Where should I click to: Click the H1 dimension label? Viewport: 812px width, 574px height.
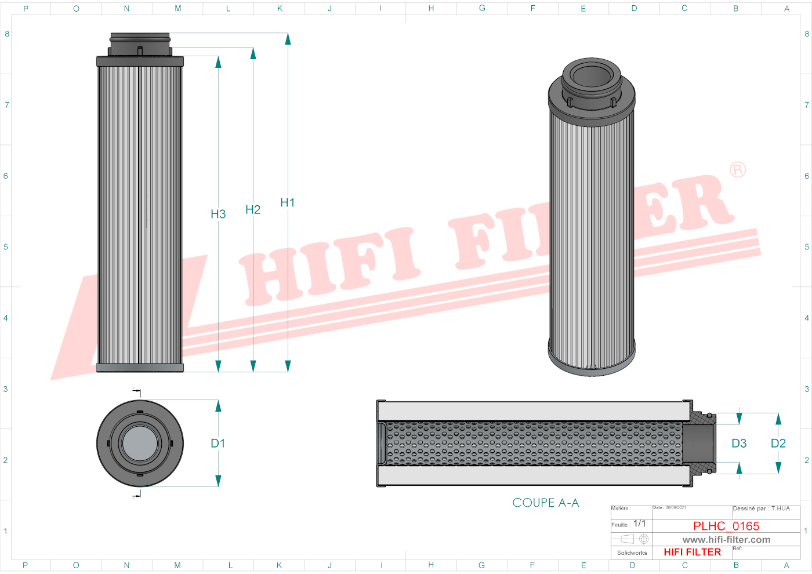pyautogui.click(x=287, y=202)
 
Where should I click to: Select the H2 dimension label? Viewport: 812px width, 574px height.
pyautogui.click(x=253, y=209)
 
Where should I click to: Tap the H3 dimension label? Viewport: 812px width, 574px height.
pyautogui.click(x=218, y=214)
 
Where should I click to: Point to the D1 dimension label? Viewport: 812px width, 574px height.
pyautogui.click(x=218, y=444)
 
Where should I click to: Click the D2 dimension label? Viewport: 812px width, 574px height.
pyautogui.click(x=778, y=444)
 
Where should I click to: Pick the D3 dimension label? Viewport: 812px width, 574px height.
pyautogui.click(x=739, y=444)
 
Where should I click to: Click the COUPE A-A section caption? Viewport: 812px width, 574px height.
pyautogui.click(x=545, y=503)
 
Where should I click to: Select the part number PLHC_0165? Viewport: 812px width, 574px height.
pyautogui.click(x=726, y=526)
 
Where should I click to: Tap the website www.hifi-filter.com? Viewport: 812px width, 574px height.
pyautogui.click(x=726, y=540)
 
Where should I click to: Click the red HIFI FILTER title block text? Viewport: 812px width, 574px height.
pyautogui.click(x=692, y=552)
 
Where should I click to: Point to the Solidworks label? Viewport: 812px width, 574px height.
pyautogui.click(x=632, y=553)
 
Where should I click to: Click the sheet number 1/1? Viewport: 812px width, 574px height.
pyautogui.click(x=639, y=524)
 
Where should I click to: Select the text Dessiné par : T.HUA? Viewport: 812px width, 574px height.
pyautogui.click(x=761, y=508)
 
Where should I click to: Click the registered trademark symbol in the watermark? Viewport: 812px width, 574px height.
pyautogui.click(x=738, y=170)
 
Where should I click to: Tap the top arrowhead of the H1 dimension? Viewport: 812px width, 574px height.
pyautogui.click(x=288, y=39)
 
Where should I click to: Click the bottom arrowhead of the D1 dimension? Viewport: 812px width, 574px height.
pyautogui.click(x=218, y=481)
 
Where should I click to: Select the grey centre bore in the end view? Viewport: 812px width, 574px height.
pyautogui.click(x=140, y=444)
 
